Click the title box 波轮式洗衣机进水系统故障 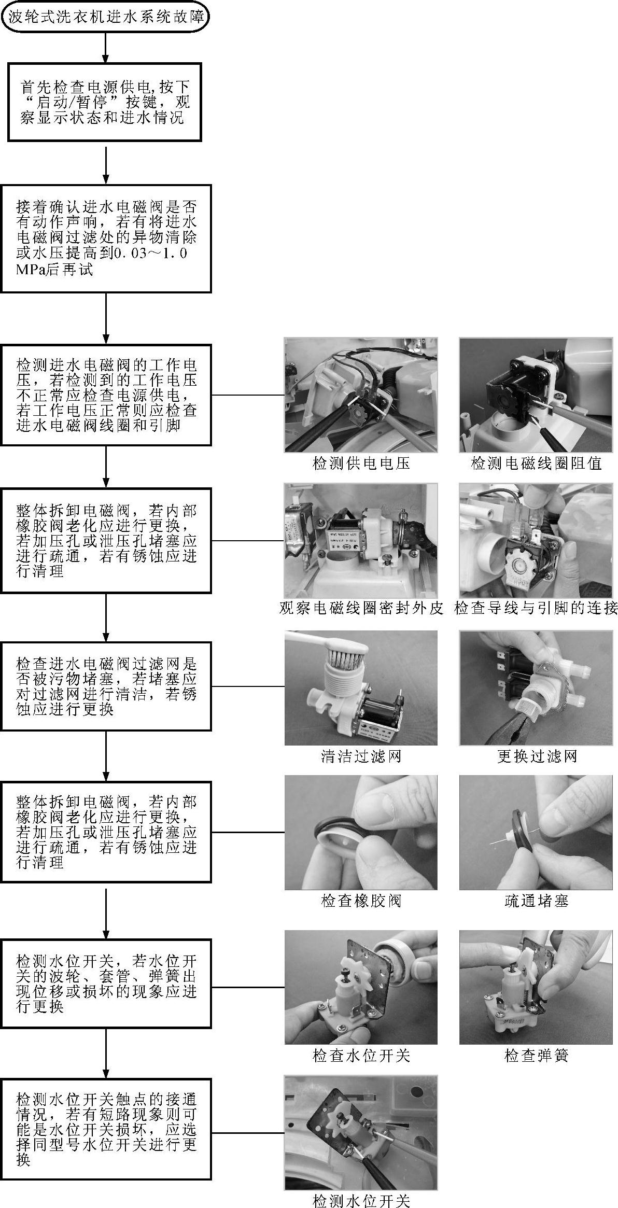(106, 17)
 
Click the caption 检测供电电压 (361, 463)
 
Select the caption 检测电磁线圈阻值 (536, 463)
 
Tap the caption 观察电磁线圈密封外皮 (361, 608)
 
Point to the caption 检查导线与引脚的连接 (536, 608)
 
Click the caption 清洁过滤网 (361, 756)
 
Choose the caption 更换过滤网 (536, 756)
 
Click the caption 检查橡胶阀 (361, 901)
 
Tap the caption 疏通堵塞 (536, 901)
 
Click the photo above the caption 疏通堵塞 (536, 832)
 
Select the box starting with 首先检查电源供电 (104, 102)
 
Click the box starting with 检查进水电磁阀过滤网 (106, 686)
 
